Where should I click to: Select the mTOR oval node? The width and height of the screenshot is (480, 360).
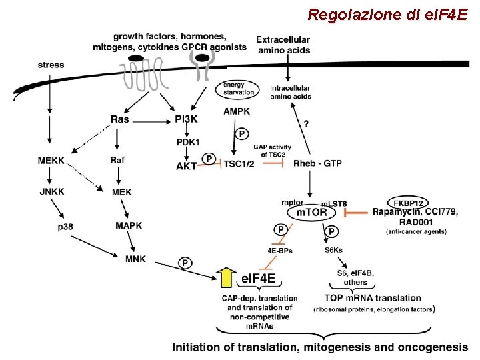click(311, 212)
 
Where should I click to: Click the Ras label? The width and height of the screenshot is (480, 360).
click(120, 119)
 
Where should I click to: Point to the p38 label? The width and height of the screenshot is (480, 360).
click(65, 227)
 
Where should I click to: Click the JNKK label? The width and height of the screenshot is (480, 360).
click(53, 192)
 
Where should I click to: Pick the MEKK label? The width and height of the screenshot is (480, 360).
click(53, 160)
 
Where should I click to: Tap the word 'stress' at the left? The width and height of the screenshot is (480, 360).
click(51, 65)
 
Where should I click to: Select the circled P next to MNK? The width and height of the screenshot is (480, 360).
click(185, 263)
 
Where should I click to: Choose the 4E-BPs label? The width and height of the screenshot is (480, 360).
click(279, 251)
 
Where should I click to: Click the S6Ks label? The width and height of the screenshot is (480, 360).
click(333, 251)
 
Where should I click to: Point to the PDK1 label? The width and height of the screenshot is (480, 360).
click(189, 142)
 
